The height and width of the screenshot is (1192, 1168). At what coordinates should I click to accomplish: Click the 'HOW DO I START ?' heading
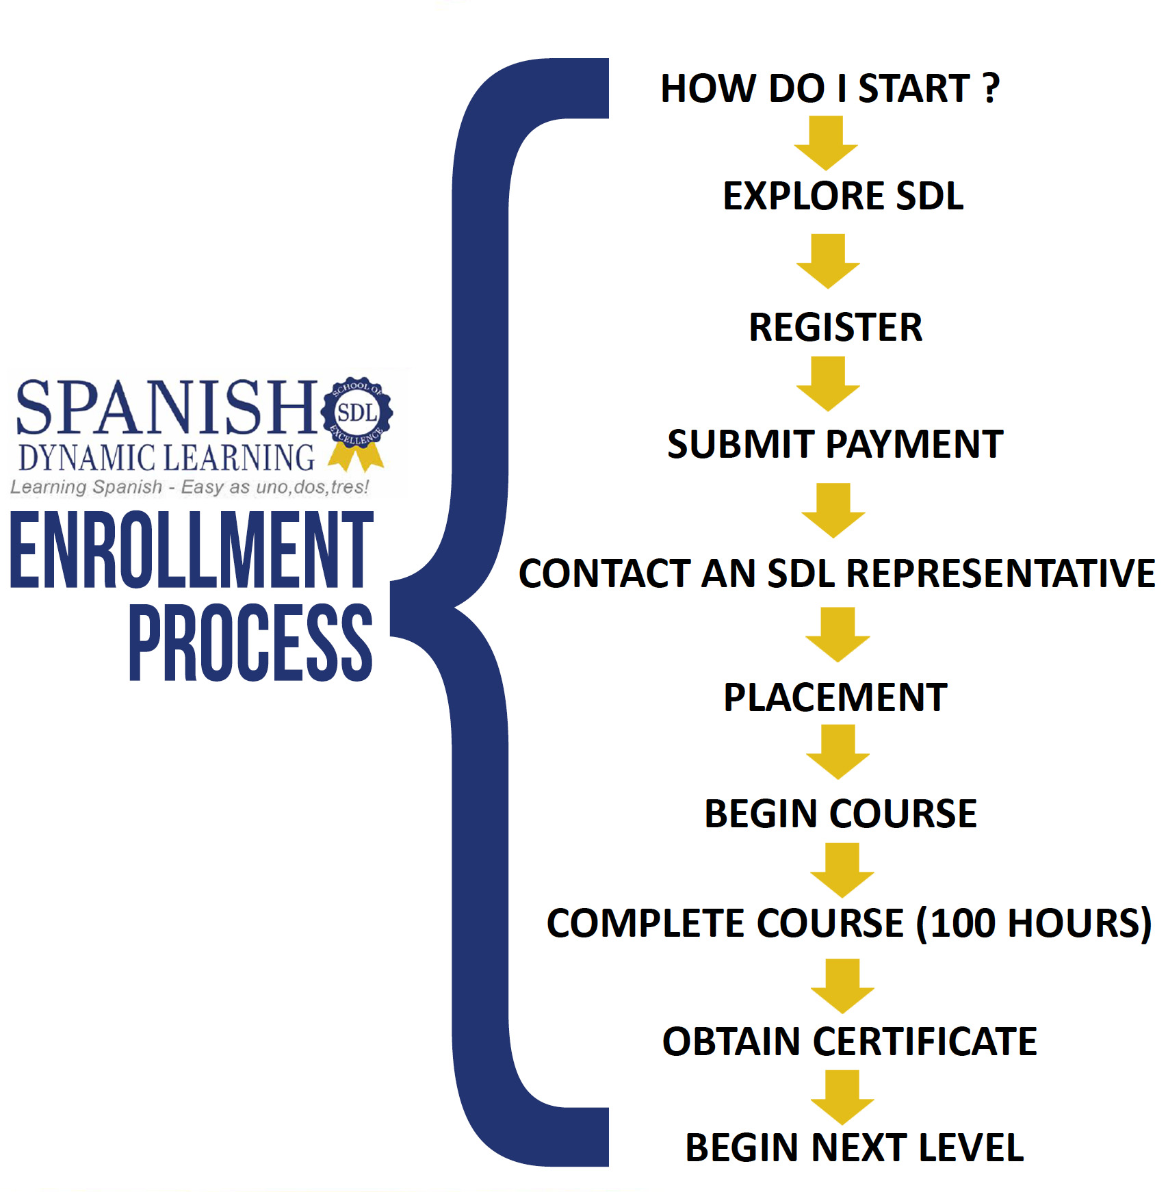coord(829,88)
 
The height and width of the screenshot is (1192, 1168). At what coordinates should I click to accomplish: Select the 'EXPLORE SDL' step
coord(843,196)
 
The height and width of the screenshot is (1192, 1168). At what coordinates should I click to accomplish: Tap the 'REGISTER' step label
coord(835,327)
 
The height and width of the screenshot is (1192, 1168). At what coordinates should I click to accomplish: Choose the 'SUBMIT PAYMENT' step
coord(835,444)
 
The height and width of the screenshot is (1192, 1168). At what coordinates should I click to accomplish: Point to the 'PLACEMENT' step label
coord(835,697)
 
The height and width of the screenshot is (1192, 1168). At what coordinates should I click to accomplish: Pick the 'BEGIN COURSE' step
coord(840,814)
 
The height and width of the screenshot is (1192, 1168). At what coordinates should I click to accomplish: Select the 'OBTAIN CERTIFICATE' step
coord(850,1041)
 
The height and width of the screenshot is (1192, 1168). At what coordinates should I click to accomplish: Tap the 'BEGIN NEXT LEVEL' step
coord(855,1148)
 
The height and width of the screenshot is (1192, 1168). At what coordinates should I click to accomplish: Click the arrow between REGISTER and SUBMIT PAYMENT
coord(828,384)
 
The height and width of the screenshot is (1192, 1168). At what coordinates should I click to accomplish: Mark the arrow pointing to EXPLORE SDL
coord(826,143)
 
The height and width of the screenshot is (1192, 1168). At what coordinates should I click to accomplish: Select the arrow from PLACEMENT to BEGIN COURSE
coord(838,752)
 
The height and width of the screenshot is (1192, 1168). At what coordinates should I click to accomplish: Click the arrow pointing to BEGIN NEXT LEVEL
coord(842,1098)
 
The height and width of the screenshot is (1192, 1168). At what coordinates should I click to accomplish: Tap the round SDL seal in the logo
coord(356,413)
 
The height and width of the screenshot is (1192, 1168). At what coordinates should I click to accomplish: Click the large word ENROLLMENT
coord(192,550)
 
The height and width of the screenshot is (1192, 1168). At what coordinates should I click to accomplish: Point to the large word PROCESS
coord(251,643)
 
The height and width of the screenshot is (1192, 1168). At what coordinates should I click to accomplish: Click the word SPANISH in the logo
coord(166,408)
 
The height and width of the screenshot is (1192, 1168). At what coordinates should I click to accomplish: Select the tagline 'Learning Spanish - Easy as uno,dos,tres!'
coord(190,487)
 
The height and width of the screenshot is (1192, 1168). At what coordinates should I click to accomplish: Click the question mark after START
coord(991,88)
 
